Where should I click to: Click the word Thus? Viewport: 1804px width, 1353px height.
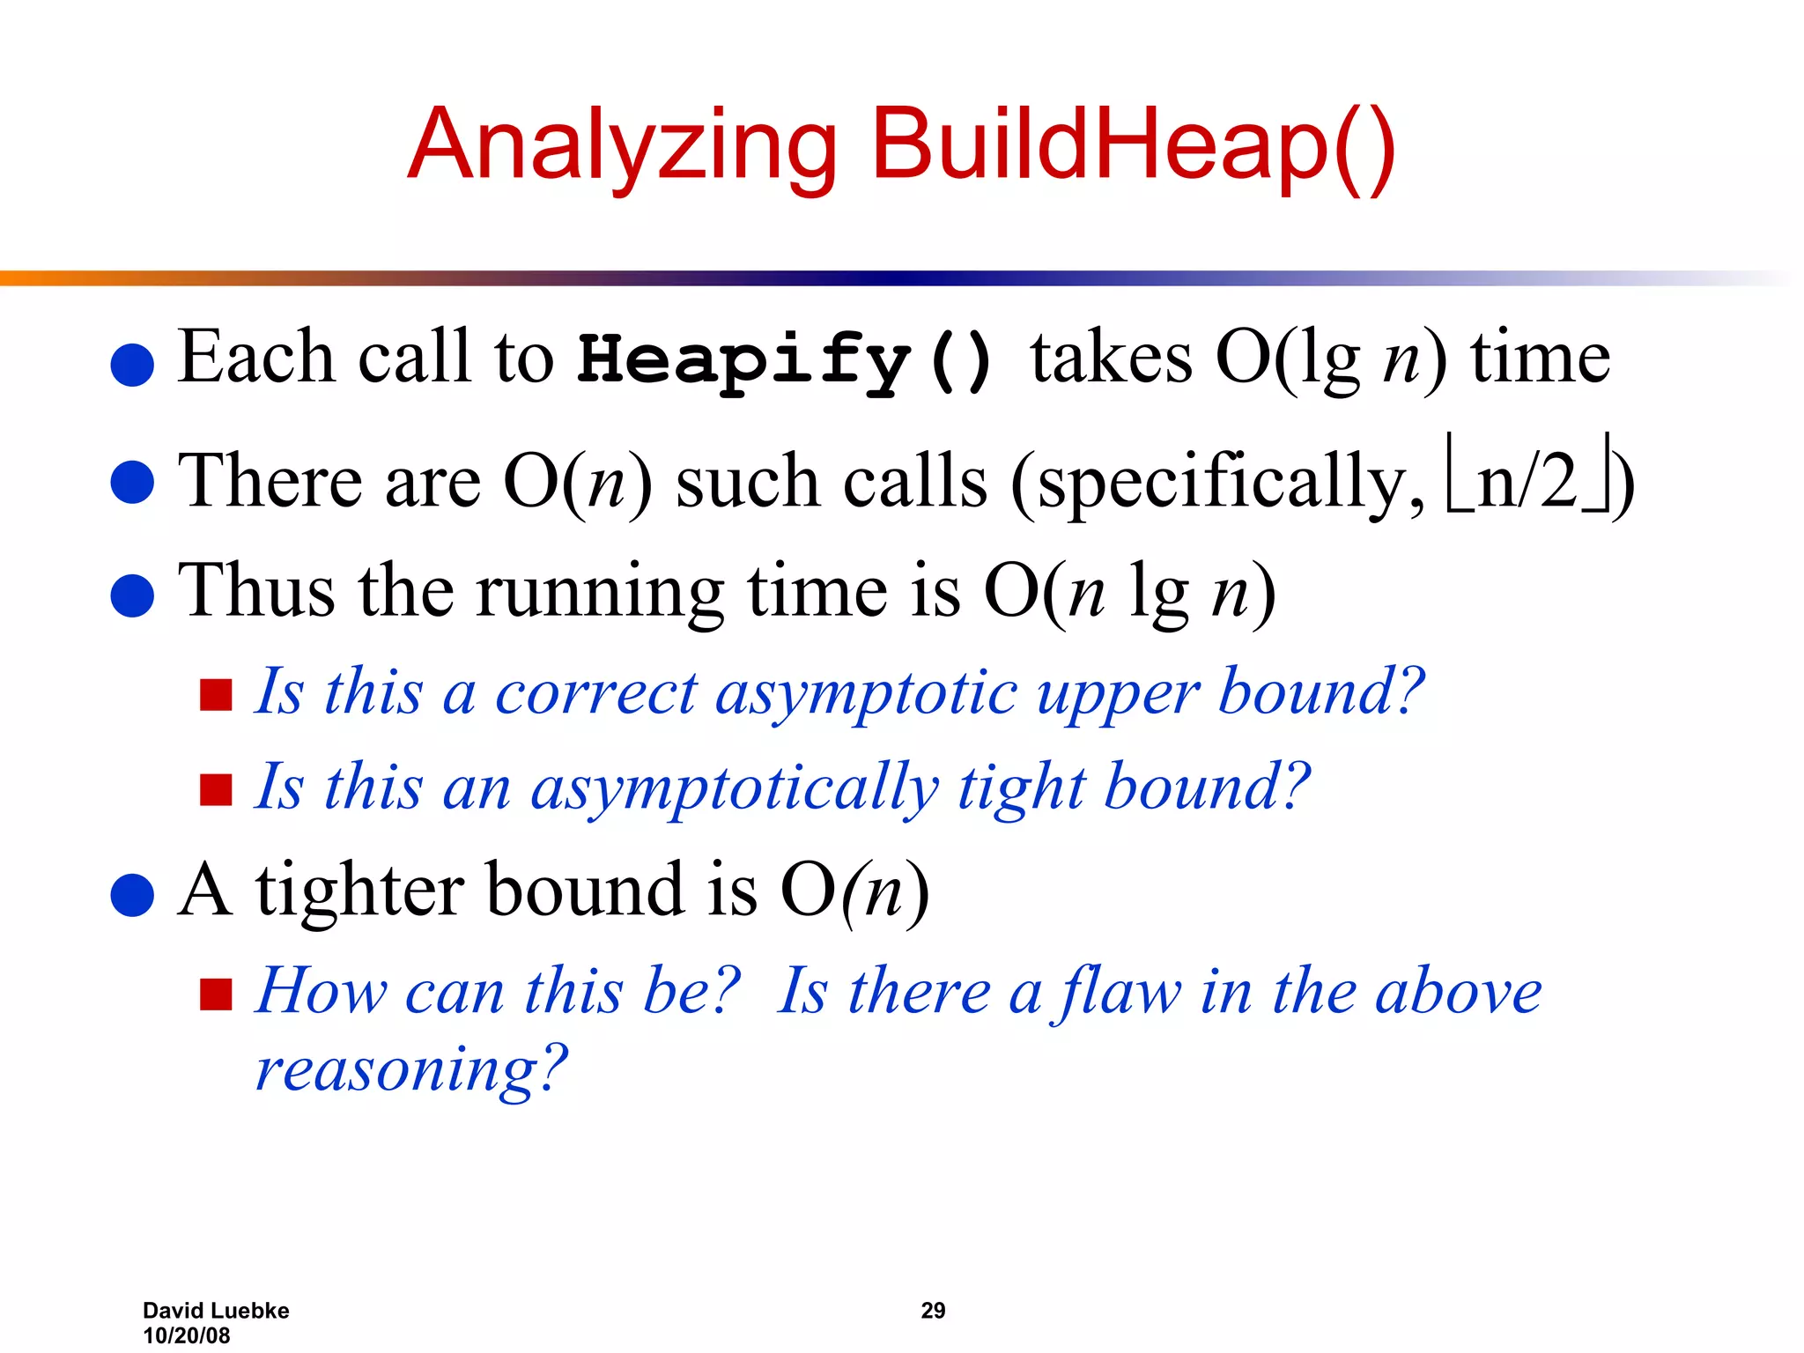[256, 590]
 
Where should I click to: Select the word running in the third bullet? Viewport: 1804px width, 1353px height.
[600, 592]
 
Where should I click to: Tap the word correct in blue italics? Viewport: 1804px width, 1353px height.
[595, 692]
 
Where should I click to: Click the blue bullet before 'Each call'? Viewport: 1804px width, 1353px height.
[133, 364]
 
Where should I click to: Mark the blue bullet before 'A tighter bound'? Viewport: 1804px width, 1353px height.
[133, 895]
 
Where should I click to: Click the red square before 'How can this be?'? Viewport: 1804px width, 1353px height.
[216, 994]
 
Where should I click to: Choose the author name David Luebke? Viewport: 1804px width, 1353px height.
[216, 1311]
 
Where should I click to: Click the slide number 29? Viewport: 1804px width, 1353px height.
[933, 1311]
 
